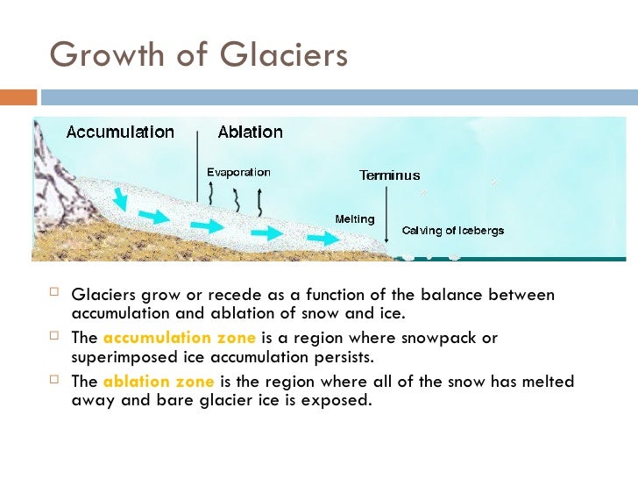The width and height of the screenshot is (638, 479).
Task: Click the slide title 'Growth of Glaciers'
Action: [199, 54]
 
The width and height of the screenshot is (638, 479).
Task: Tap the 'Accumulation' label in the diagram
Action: [120, 132]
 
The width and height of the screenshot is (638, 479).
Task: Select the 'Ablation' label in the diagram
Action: [250, 132]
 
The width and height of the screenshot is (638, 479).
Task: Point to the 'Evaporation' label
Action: [238, 172]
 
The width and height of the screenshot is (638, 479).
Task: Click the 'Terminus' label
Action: [390, 175]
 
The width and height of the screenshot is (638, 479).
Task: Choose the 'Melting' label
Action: [355, 219]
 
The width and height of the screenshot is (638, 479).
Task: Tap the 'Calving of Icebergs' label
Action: [452, 231]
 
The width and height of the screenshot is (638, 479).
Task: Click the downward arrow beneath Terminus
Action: [386, 215]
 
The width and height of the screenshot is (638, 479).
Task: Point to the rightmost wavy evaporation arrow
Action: [259, 203]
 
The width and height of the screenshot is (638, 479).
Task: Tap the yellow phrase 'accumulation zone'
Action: [180, 338]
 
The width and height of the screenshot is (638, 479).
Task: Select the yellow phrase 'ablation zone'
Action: [158, 382]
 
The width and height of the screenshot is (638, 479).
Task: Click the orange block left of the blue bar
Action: [18, 97]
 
